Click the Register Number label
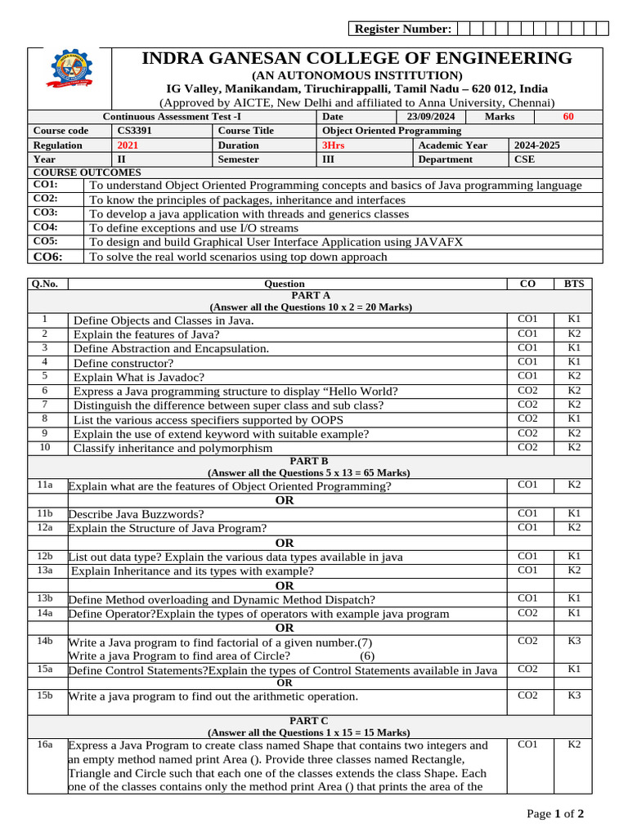[x=401, y=29]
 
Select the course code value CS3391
[x=134, y=131]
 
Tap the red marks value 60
[x=568, y=117]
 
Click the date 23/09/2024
[x=431, y=117]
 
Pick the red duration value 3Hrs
[x=334, y=145]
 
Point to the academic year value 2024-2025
[x=537, y=145]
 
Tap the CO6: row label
[x=47, y=257]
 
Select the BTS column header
[x=574, y=284]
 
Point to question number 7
[x=44, y=405]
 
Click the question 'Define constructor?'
[x=123, y=363]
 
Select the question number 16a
[x=45, y=745]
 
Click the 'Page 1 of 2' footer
[x=555, y=814]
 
